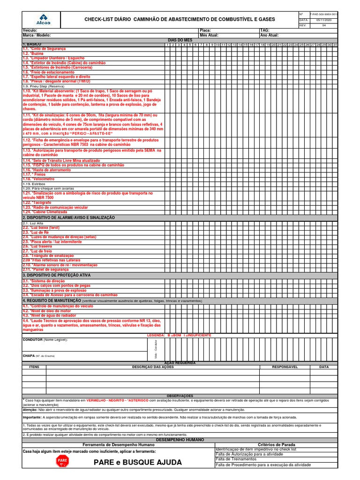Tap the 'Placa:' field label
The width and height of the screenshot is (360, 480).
click(205, 30)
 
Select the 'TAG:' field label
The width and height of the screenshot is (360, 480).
click(265, 30)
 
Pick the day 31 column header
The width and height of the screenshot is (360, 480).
click(335, 45)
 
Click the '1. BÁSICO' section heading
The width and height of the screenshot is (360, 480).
click(32, 45)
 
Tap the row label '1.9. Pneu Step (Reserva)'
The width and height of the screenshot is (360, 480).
click(43, 86)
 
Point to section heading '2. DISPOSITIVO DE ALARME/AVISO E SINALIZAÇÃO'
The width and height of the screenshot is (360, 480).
click(68, 218)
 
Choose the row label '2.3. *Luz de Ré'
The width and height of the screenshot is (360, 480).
click(36, 232)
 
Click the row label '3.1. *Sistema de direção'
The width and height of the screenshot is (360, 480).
click(44, 281)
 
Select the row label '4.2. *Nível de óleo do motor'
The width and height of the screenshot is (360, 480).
click(46, 311)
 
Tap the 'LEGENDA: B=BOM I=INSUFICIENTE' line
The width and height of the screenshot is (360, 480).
click(179, 335)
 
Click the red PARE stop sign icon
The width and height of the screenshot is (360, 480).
click(62, 462)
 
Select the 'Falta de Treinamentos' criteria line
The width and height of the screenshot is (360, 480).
click(237, 459)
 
